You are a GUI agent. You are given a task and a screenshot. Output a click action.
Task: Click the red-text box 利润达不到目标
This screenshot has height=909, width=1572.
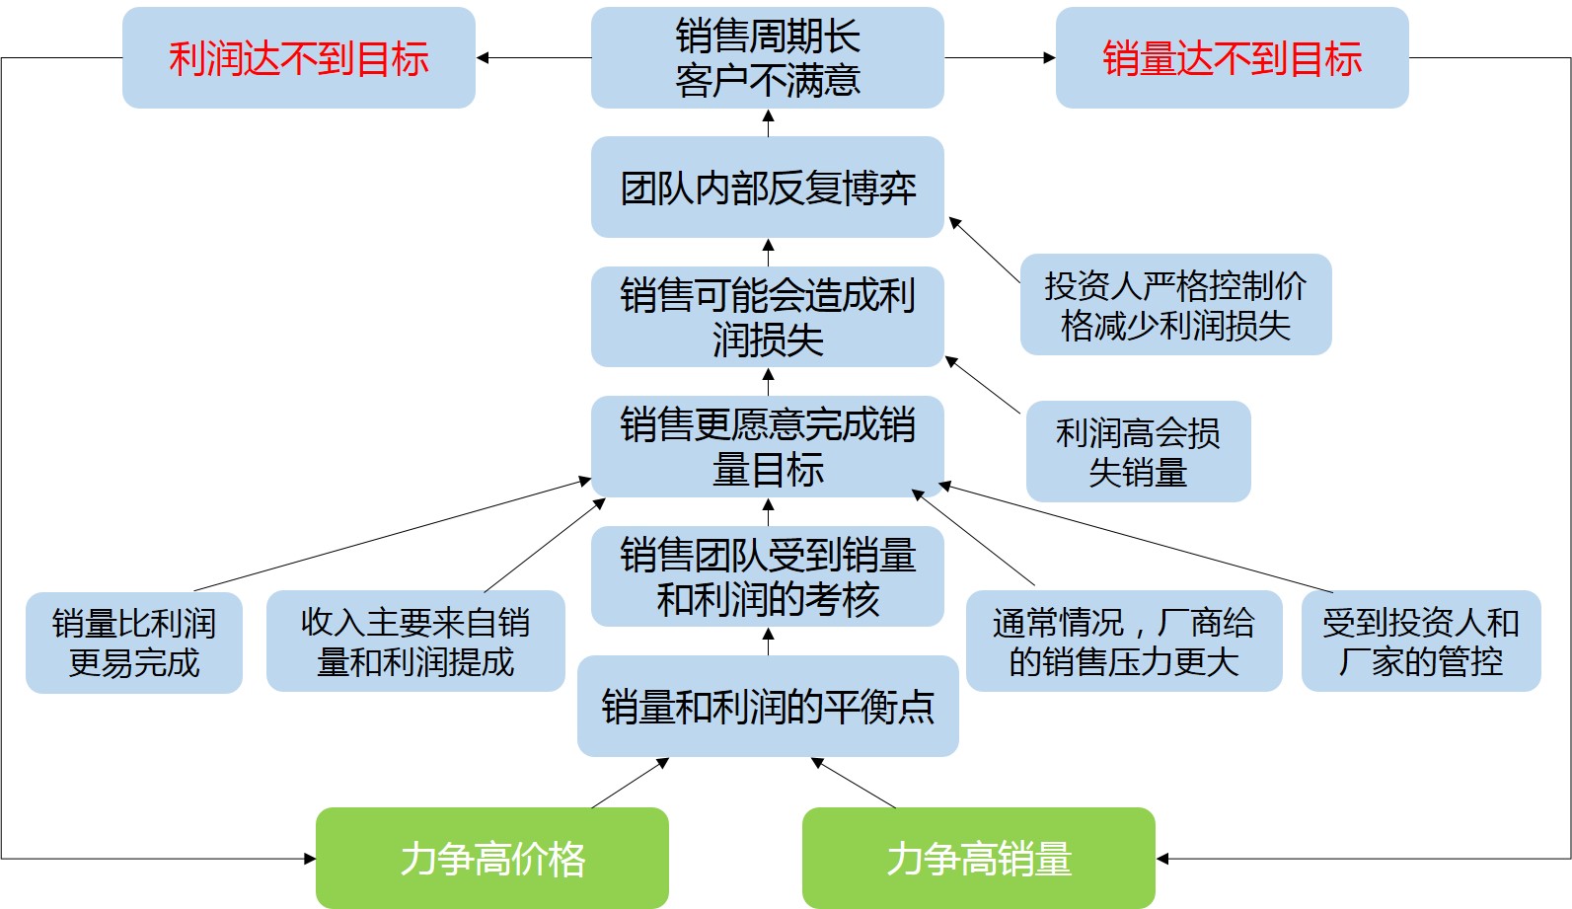click(x=299, y=57)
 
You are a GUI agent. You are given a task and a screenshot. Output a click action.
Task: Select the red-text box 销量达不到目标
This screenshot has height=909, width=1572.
click(x=1233, y=57)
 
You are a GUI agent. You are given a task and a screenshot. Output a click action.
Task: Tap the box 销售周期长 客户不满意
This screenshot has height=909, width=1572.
click(x=768, y=57)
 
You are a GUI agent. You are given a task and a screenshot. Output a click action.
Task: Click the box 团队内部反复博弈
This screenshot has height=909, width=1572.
click(x=768, y=187)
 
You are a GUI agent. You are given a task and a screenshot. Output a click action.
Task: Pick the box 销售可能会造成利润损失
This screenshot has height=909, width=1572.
click(x=768, y=317)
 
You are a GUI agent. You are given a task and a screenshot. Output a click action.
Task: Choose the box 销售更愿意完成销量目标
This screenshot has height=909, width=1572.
click(x=768, y=446)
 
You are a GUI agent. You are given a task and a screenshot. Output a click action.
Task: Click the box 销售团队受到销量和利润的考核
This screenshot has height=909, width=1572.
click(x=768, y=576)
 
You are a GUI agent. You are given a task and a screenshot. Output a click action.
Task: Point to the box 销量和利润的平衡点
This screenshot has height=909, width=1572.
click(x=768, y=706)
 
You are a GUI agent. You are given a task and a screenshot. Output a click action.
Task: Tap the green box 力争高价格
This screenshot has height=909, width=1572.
click(x=492, y=858)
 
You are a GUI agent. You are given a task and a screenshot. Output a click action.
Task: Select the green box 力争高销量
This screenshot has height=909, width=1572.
click(x=979, y=858)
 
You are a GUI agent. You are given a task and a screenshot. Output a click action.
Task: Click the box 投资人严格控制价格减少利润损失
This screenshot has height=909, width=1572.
click(x=1176, y=305)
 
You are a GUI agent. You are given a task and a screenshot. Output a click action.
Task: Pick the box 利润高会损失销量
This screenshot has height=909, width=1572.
click(x=1139, y=451)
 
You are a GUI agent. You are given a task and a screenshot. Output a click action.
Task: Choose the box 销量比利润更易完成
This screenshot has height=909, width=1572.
click(x=134, y=643)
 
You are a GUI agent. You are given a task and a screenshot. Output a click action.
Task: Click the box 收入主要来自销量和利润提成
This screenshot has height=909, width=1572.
click(x=416, y=641)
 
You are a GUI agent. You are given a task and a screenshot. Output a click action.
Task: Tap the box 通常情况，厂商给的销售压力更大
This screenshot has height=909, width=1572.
click(x=1124, y=641)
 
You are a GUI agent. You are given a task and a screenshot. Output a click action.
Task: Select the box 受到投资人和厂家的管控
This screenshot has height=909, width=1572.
click(x=1421, y=641)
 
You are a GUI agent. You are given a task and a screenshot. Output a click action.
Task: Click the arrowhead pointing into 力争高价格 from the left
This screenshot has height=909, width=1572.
click(x=310, y=859)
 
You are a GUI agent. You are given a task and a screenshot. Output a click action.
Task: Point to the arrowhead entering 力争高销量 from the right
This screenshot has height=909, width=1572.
click(x=1162, y=859)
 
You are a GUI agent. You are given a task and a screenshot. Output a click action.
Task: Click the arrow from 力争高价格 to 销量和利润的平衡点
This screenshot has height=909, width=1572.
click(x=631, y=784)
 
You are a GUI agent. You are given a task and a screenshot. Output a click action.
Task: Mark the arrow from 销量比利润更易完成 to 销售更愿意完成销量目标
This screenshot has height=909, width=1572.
click(x=393, y=534)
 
